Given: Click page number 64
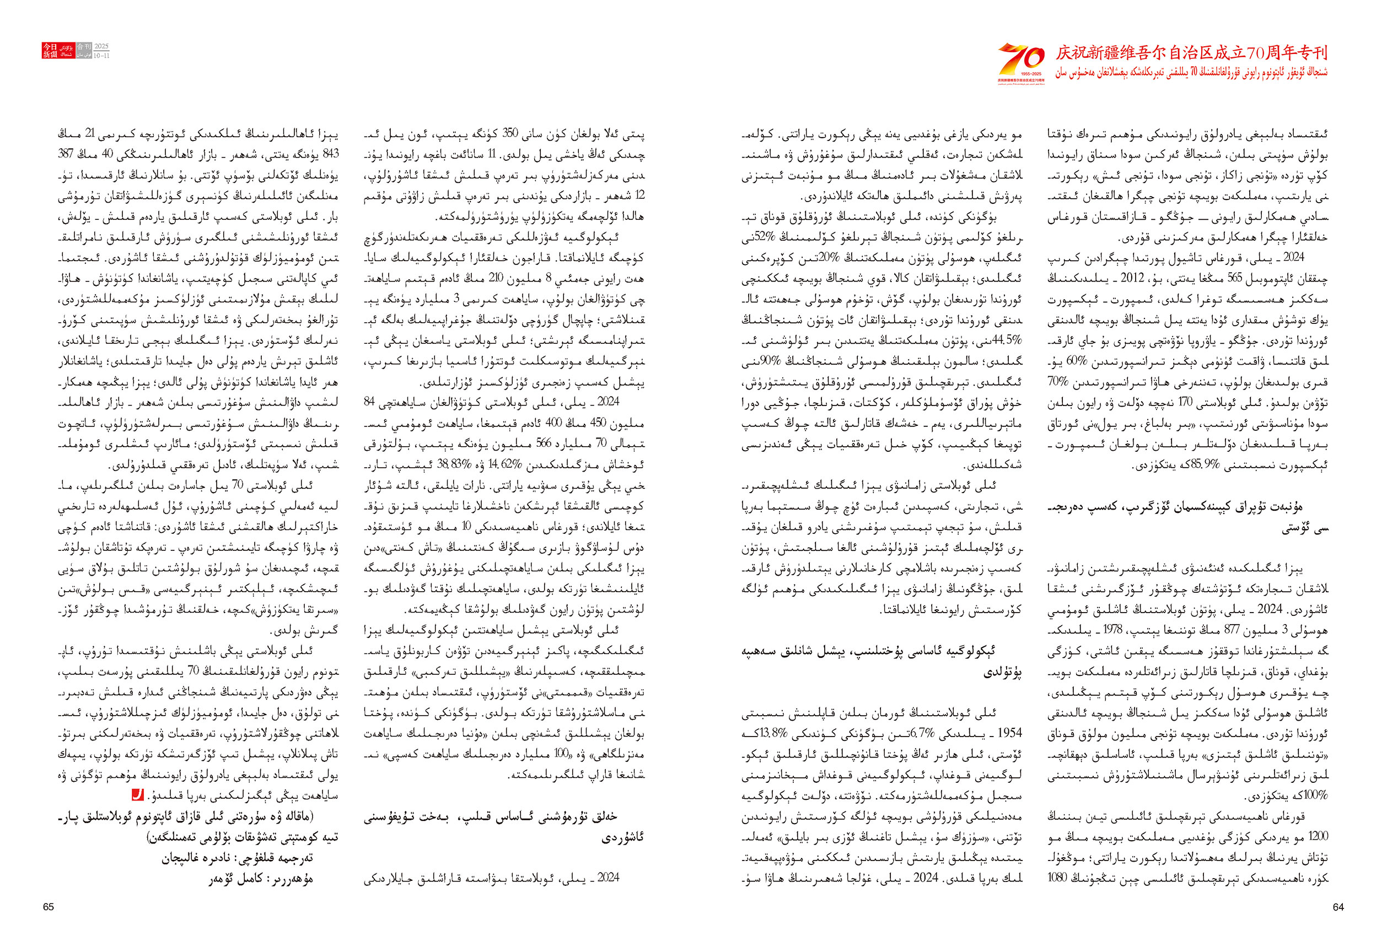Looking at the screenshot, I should coord(1338,907).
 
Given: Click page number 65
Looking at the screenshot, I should coord(49,907).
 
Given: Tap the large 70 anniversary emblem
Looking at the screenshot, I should coord(1021,61).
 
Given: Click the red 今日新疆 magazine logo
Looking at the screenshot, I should coord(50,50).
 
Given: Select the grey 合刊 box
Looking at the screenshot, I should coord(84,46).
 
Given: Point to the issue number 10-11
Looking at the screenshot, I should coord(101,56).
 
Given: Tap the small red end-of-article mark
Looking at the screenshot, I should coord(137,795).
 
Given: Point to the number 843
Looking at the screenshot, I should coord(330,154).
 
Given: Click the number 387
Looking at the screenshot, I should coord(66,154).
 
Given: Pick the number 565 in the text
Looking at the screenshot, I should coord(1221,278).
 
